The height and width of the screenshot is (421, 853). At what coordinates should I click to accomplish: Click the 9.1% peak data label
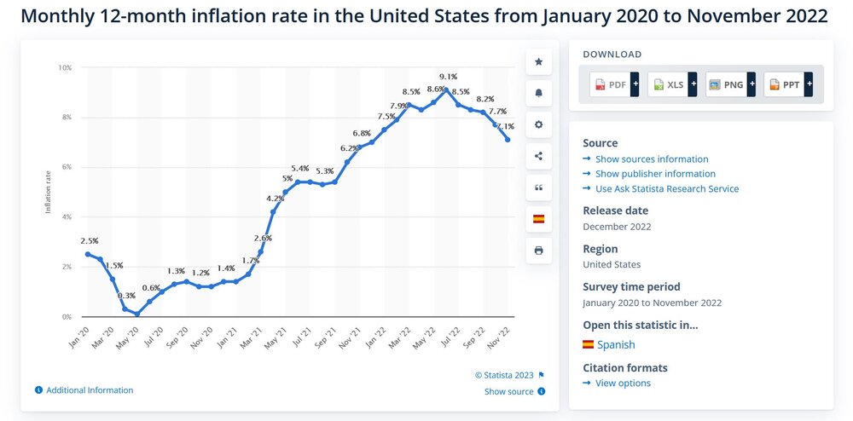[448, 76]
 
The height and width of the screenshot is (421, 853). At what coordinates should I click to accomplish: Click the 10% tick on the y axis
[65, 67]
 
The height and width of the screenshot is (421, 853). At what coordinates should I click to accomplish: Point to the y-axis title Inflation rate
[49, 192]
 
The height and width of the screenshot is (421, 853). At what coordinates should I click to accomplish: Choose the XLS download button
[670, 84]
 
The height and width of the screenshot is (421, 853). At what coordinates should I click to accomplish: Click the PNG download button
[728, 84]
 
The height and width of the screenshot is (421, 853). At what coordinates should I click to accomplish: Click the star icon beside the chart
[538, 61]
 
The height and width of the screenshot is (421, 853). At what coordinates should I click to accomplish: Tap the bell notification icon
[538, 93]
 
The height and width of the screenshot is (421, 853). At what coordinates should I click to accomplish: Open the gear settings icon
[538, 124]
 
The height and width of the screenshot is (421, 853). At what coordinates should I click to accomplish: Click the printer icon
[538, 251]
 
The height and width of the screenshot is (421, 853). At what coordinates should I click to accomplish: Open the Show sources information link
[652, 159]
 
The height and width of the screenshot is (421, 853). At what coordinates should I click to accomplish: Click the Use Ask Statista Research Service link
[667, 188]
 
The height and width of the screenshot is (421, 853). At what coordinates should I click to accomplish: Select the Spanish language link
[615, 344]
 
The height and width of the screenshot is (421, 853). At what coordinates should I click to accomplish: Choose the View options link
[623, 383]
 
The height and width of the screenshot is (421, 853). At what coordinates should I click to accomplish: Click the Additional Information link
[90, 390]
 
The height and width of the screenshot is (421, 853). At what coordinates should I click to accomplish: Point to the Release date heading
[615, 210]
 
